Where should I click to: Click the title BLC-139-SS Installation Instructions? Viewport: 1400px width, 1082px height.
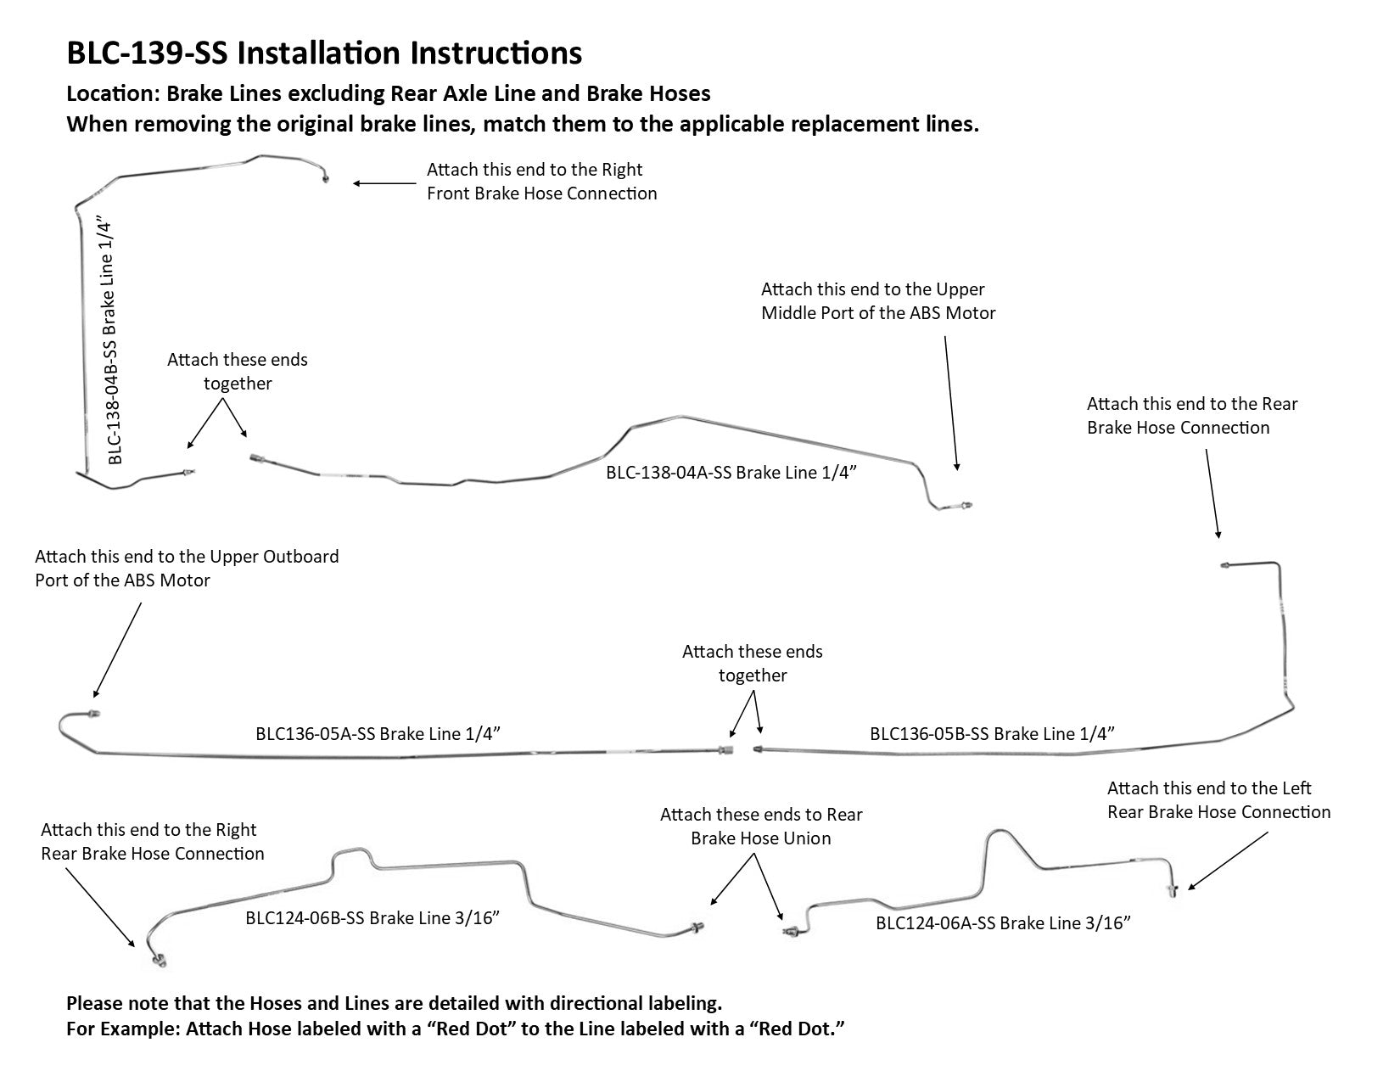324,53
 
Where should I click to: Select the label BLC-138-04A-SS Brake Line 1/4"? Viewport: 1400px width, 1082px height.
729,473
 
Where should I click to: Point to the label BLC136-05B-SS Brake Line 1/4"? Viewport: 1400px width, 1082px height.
992,733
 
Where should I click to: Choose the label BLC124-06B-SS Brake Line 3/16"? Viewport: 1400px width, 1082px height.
372,918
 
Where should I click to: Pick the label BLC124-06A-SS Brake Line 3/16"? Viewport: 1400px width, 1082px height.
1004,923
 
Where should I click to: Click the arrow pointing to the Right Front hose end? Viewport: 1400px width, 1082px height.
385,183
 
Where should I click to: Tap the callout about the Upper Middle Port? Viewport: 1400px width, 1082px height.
877,301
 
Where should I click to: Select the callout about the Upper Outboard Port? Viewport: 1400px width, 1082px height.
187,569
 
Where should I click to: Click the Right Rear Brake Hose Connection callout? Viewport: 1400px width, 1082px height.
152,842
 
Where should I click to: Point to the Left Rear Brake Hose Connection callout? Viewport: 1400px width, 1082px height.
1218,800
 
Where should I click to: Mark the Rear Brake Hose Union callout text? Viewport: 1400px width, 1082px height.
760,827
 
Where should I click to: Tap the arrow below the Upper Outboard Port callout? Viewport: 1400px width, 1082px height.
117,650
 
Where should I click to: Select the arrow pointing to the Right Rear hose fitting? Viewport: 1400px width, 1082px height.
99,907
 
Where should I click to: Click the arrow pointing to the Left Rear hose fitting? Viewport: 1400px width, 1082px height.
1228,861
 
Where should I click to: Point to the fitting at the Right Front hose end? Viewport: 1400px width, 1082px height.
326,179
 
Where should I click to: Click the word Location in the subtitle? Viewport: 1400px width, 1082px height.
109,93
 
